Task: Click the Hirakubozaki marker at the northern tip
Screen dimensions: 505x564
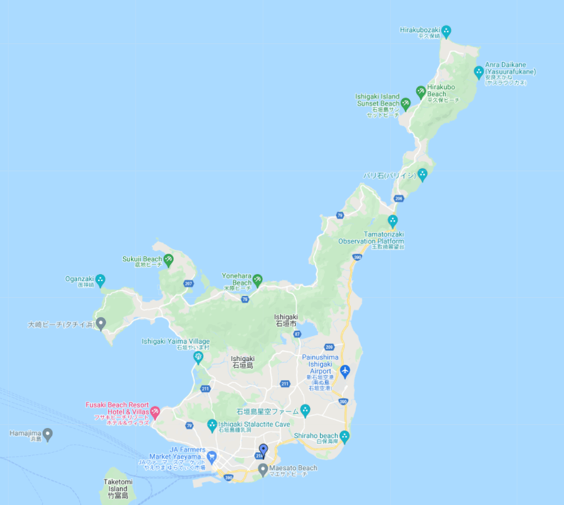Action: coord(446,30)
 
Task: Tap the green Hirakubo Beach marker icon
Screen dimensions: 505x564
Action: coord(421,92)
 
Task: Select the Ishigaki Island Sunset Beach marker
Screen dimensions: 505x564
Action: coord(406,103)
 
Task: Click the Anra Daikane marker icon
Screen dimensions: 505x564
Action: coord(478,71)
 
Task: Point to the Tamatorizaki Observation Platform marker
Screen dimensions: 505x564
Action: coord(392,220)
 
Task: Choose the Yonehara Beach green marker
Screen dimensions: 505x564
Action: coord(257,280)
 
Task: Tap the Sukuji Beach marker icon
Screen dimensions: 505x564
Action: coord(168,259)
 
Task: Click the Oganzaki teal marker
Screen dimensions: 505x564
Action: coord(100,279)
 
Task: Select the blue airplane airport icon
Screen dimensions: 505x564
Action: coord(345,372)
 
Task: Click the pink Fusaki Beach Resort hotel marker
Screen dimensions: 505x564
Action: coord(155,411)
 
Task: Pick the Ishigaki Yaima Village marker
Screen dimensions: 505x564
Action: coord(198,357)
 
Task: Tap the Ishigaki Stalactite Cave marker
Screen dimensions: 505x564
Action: coord(212,425)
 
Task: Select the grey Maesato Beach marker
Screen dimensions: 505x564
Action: coord(263,468)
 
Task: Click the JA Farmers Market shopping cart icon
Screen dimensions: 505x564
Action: coord(211,456)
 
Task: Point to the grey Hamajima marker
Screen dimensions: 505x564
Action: coord(48,433)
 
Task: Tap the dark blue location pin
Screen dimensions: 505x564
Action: coord(263,450)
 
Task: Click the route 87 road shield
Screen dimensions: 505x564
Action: coord(298,334)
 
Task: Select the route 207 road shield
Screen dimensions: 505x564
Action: coord(188,284)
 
